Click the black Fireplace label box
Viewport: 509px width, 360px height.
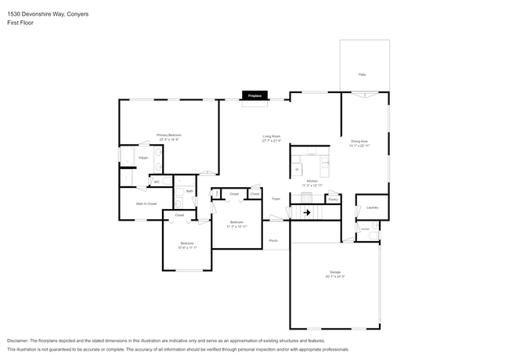tap(254, 95)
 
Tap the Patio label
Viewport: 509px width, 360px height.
tap(363, 74)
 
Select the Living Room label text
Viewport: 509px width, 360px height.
tap(272, 136)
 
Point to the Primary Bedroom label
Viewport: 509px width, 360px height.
tap(168, 135)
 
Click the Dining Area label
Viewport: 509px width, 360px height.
tap(359, 141)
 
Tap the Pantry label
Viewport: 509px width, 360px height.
tap(333, 200)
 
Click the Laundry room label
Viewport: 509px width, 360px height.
tap(372, 207)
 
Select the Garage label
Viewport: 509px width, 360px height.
tap(335, 272)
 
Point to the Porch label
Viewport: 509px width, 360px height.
tap(273, 240)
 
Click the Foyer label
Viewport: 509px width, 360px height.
tap(276, 199)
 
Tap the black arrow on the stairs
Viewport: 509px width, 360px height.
tap(307, 211)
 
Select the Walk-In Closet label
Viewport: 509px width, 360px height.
tap(147, 203)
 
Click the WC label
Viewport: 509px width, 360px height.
tap(157, 182)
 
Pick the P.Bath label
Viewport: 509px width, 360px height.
tap(143, 158)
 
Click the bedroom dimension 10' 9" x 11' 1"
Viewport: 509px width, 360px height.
tap(188, 247)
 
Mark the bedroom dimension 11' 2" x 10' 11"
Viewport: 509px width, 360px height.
tap(237, 226)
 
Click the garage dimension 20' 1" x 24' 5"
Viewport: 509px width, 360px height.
tap(335, 276)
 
